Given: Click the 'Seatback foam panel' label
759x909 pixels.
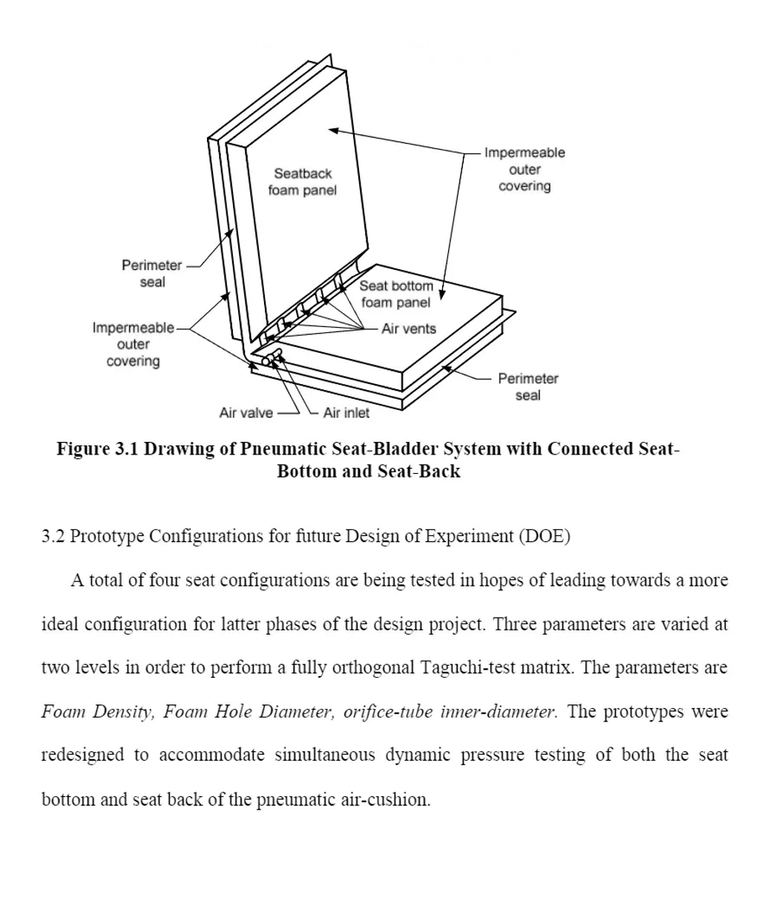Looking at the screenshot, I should pos(303,182).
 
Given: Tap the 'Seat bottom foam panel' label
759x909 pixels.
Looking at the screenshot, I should pos(396,294).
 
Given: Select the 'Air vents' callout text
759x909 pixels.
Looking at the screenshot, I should pos(409,328).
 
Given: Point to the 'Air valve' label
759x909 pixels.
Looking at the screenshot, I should pos(246,413).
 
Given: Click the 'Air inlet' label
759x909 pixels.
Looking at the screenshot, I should pos(346,413).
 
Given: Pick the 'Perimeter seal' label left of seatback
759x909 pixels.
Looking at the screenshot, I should pos(152,274).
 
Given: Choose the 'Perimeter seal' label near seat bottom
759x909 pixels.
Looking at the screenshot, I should pos(528,387).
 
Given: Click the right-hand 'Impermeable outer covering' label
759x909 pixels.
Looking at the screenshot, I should pos(525,169).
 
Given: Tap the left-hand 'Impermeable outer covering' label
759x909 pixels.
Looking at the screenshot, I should pos(134,344).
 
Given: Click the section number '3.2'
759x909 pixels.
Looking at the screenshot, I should pos(52,537).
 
